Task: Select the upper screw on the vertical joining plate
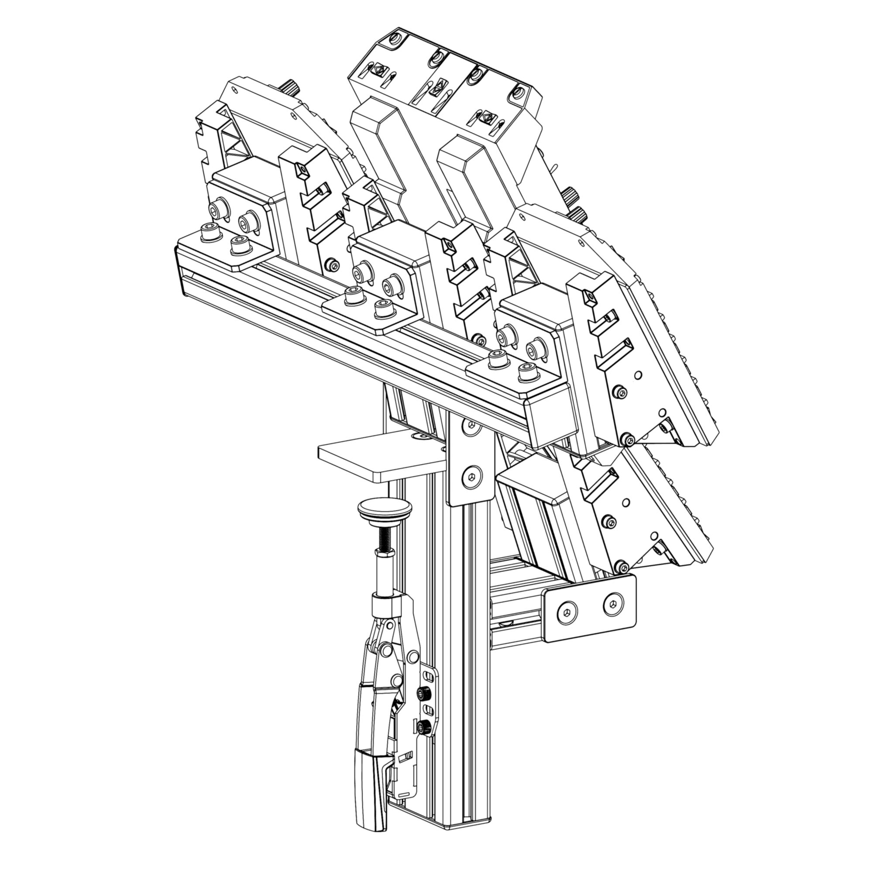471,426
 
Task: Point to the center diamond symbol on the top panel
436,86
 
